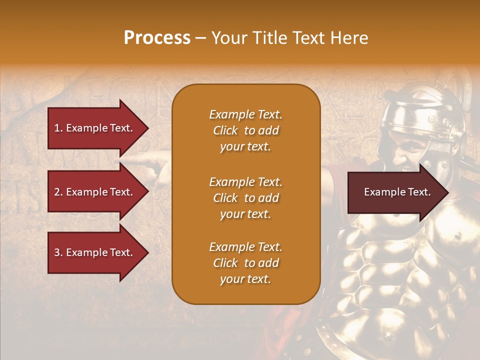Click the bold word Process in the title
[x=157, y=38]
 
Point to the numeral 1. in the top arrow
[x=58, y=128]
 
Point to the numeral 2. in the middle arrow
[x=58, y=192]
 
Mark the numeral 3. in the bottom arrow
[x=58, y=252]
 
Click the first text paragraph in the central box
[x=245, y=130]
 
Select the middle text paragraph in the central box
[x=245, y=198]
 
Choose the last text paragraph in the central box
[x=245, y=263]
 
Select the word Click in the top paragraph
[x=225, y=130]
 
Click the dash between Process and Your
[x=201, y=38]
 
